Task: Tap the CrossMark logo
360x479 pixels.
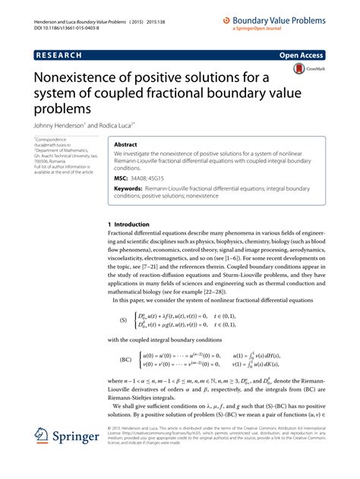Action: (x=302, y=70)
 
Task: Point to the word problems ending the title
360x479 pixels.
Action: (x=62, y=109)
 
